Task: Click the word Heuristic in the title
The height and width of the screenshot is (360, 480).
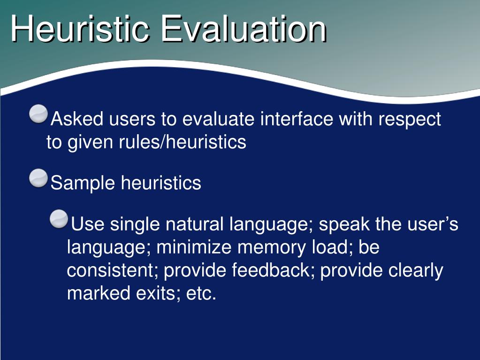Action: pos(80,29)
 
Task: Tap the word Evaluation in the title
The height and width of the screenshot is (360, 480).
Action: pos(244,29)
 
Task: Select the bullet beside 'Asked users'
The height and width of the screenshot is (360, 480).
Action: pos(38,114)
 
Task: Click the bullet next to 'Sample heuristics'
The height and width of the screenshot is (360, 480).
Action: pos(38,178)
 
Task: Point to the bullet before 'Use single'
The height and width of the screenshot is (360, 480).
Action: pos(59,219)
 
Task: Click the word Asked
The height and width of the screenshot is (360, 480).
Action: pos(77,119)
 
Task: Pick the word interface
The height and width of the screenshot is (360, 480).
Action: pos(297,119)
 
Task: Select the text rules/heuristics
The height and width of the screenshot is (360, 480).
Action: pos(183,142)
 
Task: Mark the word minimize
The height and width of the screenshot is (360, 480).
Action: pos(194,247)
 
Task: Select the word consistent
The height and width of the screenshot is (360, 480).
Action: pos(110,270)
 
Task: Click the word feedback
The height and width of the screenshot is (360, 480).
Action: pos(271,270)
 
